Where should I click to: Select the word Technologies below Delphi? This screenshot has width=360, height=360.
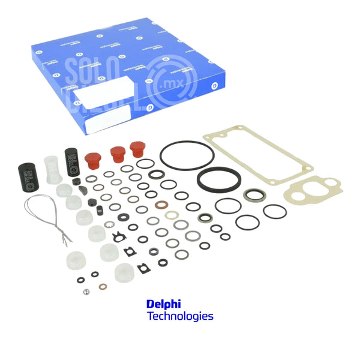(180, 316)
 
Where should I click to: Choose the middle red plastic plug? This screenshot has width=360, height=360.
(118, 154)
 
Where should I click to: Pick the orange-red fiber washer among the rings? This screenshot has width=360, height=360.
(161, 205)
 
